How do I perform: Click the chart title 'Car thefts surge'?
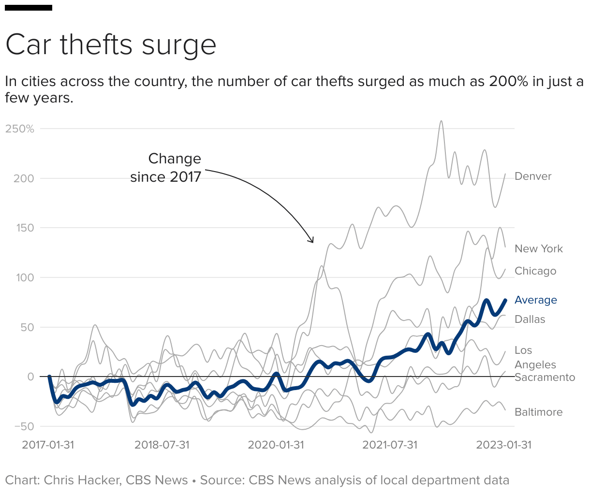pos(111,45)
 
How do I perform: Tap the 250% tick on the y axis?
pos(20,129)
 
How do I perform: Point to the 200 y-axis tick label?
pos(24,178)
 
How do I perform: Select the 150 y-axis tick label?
pos(24,228)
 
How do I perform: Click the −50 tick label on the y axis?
pos(24,426)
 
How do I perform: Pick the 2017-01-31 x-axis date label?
pos(48,445)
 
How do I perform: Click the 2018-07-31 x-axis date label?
pos(162,445)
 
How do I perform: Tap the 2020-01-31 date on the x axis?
pos(276,445)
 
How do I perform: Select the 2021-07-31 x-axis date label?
pos(390,445)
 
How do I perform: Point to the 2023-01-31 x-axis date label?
pos(504,445)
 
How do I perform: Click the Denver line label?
pos(533,176)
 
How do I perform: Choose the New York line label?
pos(539,249)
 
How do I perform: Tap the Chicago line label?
pos(535,271)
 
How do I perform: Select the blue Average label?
pos(536,300)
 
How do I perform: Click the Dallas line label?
pos(530,319)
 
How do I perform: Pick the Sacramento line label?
pos(545,377)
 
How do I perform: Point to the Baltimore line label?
pos(538,412)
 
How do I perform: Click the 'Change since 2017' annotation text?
pos(166,168)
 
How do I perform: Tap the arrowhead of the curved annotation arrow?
pos(312,241)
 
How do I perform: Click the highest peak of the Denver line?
pos(441,121)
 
